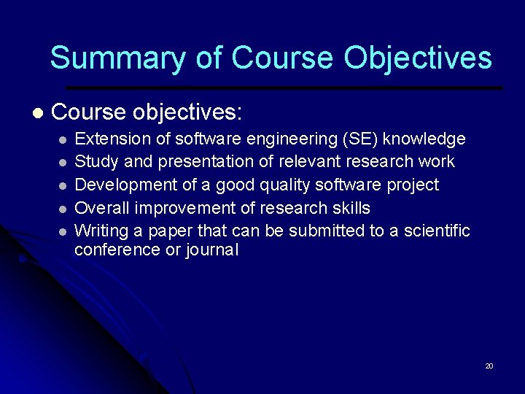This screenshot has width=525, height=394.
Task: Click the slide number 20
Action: point(489,366)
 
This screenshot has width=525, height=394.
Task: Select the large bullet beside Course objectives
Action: point(37,113)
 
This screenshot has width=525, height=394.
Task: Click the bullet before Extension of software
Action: point(64,139)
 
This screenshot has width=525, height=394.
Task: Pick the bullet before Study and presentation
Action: point(64,162)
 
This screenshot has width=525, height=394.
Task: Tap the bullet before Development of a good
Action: point(64,185)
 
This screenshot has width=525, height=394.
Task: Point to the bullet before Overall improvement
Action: point(64,209)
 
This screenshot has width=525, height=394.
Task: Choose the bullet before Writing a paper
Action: point(64,231)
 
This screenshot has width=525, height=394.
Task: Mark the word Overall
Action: point(102,208)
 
